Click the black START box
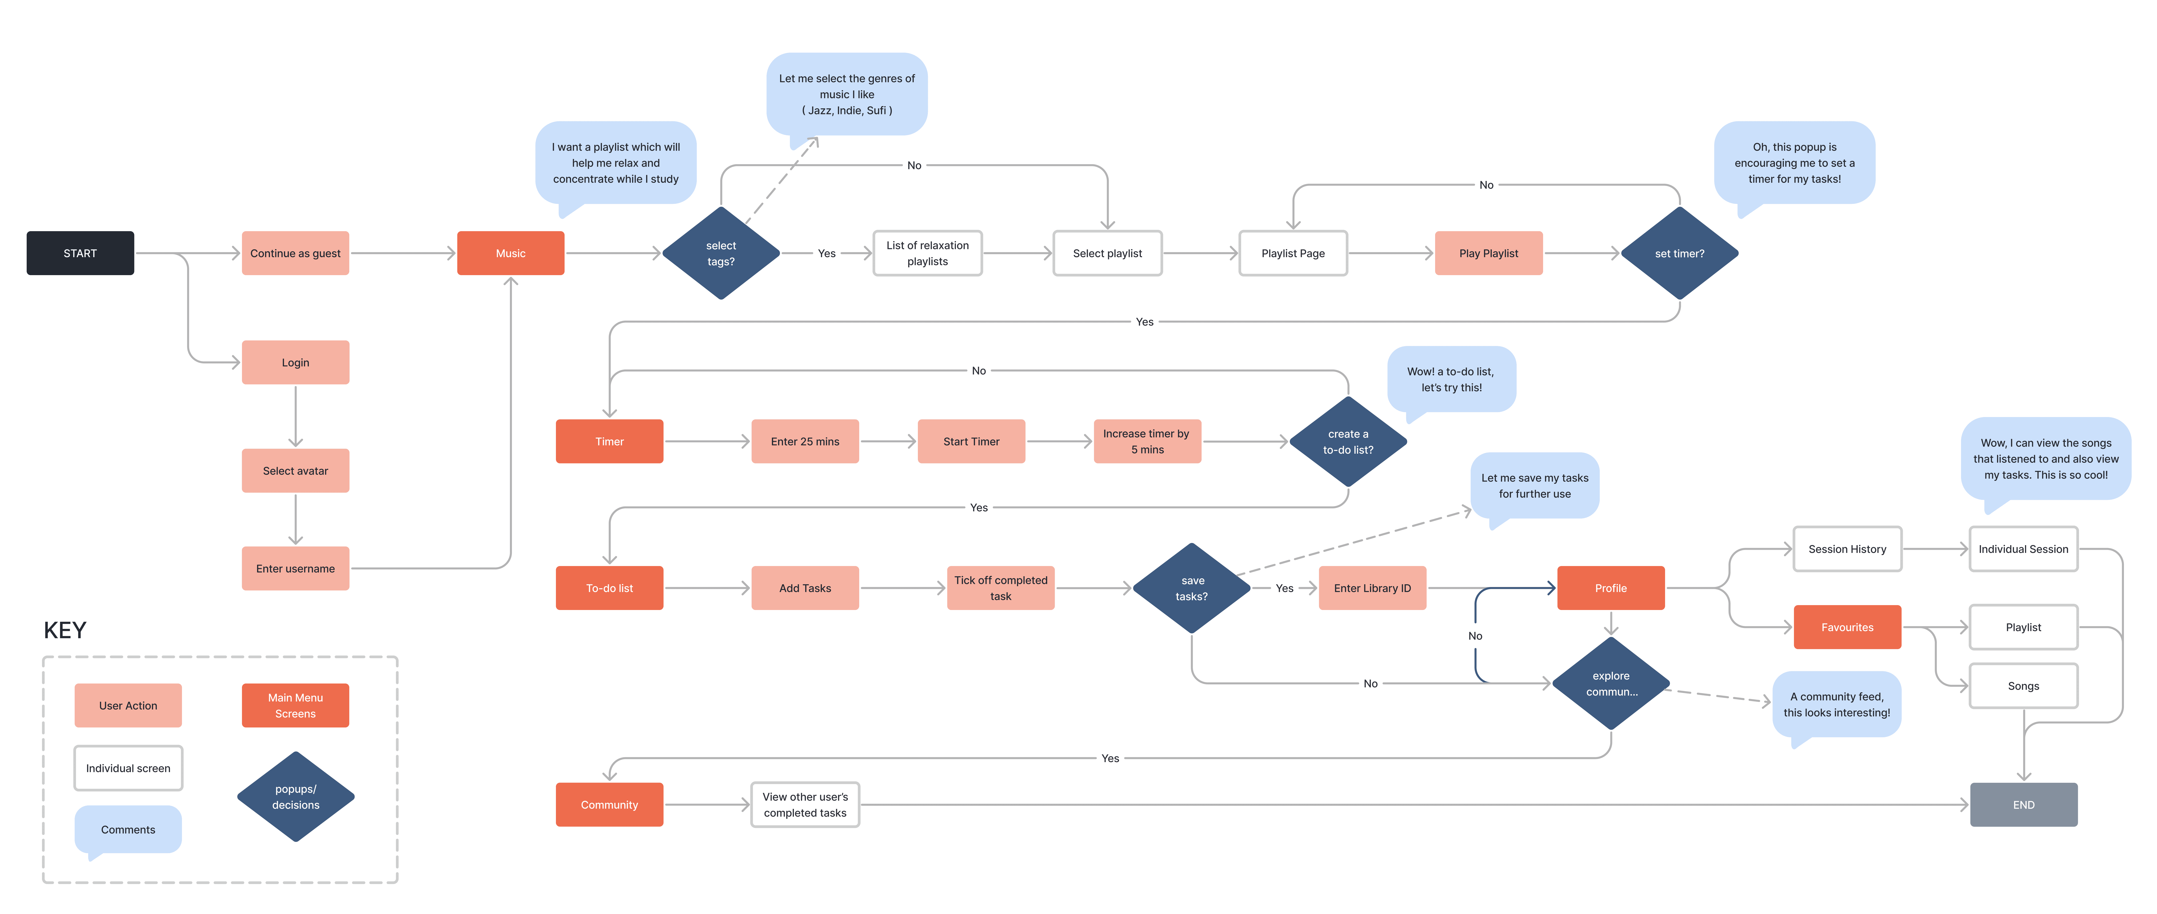pyautogui.click(x=80, y=253)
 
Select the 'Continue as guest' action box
pyautogui.click(x=296, y=253)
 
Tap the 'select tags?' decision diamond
pyautogui.click(x=721, y=253)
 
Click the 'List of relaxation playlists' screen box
pyautogui.click(x=928, y=253)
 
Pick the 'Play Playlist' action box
pyautogui.click(x=1489, y=253)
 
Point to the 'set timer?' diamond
pyautogui.click(x=1680, y=253)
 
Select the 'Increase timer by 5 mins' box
pyautogui.click(x=1147, y=441)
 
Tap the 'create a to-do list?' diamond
pyautogui.click(x=1348, y=441)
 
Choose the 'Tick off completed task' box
pyautogui.click(x=1001, y=588)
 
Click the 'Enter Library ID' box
pyautogui.click(x=1372, y=588)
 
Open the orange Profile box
pyautogui.click(x=1611, y=588)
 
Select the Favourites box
pyautogui.click(x=1847, y=627)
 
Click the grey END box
pyautogui.click(x=2024, y=804)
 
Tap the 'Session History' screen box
pyautogui.click(x=1847, y=549)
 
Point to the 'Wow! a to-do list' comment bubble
pyautogui.click(x=1451, y=381)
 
